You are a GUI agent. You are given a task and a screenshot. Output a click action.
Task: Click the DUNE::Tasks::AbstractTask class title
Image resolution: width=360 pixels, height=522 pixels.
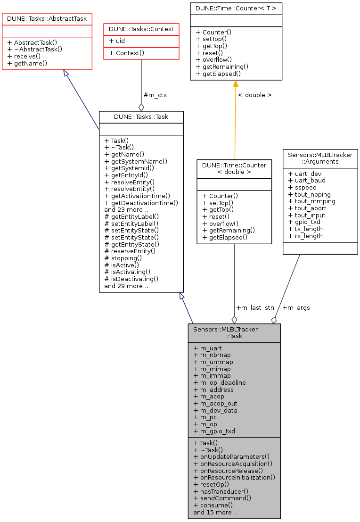click(47, 19)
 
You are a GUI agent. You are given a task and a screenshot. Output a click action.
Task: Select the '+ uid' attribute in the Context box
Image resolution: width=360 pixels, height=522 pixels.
click(117, 41)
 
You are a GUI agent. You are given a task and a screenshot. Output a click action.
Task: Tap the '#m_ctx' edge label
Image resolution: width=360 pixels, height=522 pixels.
click(155, 95)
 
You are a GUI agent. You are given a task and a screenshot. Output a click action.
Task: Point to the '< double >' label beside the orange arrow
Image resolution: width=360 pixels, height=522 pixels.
click(254, 95)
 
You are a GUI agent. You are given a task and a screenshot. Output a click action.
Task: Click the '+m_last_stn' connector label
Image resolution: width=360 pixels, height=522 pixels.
click(255, 307)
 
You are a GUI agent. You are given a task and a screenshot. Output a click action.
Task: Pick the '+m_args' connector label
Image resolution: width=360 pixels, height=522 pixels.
click(296, 307)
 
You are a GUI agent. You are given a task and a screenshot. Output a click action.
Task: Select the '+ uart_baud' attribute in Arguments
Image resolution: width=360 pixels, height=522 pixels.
click(306, 181)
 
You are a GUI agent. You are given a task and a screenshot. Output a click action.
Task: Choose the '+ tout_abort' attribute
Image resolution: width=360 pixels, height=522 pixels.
click(307, 208)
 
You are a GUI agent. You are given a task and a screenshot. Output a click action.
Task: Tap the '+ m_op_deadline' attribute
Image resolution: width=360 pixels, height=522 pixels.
click(219, 383)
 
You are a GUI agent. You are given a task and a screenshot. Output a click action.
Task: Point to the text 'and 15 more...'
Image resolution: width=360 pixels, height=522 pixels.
click(215, 512)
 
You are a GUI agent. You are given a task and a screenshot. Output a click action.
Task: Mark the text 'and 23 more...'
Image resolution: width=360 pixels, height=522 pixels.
click(126, 210)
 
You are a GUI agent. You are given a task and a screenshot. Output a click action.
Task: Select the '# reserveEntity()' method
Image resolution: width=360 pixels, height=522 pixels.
click(130, 251)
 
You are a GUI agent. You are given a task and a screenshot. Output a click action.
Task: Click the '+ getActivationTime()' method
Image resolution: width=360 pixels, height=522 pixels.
click(137, 196)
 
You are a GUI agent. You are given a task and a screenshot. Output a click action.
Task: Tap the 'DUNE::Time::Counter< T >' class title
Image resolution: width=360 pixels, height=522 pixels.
click(236, 8)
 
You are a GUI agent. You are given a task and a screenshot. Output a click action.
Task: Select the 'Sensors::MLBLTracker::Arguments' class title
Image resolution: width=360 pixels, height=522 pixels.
click(320, 157)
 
